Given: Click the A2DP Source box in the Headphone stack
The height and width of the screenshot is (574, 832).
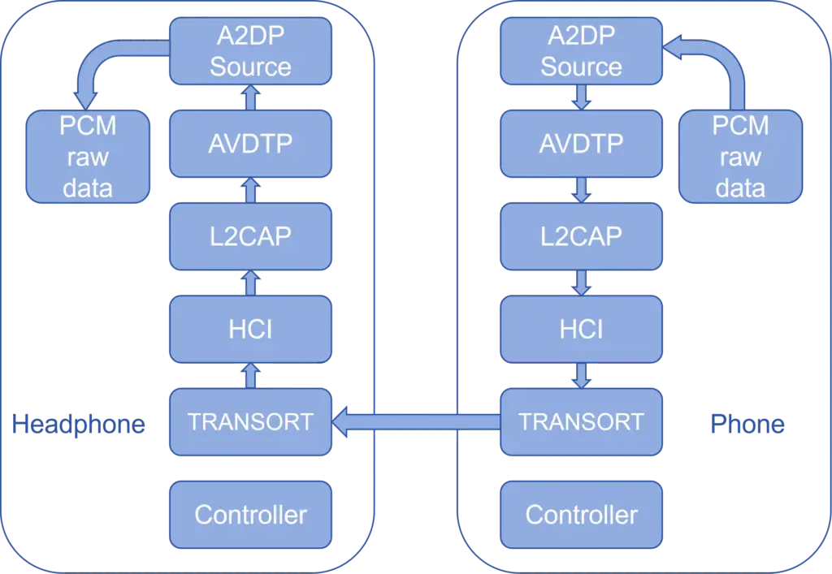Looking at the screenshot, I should [x=250, y=51].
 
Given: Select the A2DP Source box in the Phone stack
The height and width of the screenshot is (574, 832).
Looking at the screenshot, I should [x=581, y=51].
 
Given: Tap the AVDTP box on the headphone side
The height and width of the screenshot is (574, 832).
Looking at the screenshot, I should [x=250, y=144].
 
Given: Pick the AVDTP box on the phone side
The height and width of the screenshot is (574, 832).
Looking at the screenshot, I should [x=581, y=144].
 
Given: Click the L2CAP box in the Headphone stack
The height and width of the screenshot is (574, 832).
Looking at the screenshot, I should [x=250, y=236].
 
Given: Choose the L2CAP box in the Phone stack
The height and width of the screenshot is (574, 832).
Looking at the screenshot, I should [x=581, y=236].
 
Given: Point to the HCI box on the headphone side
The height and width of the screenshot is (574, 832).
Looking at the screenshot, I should [x=250, y=329].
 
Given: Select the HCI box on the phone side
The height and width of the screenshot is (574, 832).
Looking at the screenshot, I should [x=581, y=329].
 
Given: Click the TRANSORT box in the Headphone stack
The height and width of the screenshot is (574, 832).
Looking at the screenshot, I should [x=250, y=421].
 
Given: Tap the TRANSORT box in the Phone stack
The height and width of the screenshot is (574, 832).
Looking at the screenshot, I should [x=581, y=421].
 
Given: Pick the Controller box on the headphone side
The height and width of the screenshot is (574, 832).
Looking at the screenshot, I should [x=250, y=515].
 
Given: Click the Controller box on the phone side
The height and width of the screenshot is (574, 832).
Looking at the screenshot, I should [x=581, y=515].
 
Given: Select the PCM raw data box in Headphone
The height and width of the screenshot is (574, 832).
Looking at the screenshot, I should [x=88, y=157].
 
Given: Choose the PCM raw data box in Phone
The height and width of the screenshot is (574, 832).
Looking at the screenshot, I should [x=740, y=157].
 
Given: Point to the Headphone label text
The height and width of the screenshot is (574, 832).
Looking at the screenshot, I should [x=80, y=423].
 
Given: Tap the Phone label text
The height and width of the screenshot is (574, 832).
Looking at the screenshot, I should [x=746, y=423].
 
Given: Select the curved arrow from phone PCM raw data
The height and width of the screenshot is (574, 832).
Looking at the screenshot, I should [x=723, y=65].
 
